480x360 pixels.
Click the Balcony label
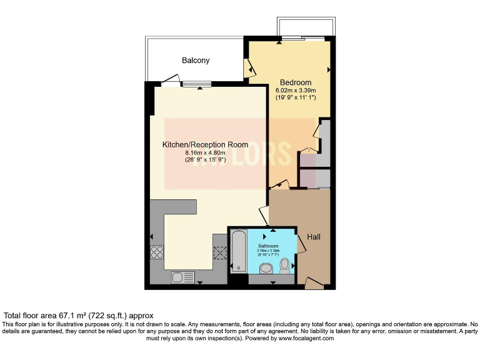196,61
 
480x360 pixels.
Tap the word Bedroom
295,82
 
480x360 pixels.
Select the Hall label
313,237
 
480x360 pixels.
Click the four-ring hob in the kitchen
157,253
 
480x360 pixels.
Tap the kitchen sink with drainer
182,277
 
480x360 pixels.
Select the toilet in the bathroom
286,266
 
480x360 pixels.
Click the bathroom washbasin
265,269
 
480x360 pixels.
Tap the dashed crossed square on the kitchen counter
219,253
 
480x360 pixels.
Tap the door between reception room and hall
265,216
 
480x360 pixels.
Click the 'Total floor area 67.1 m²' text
79,316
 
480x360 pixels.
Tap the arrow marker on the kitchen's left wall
152,237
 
